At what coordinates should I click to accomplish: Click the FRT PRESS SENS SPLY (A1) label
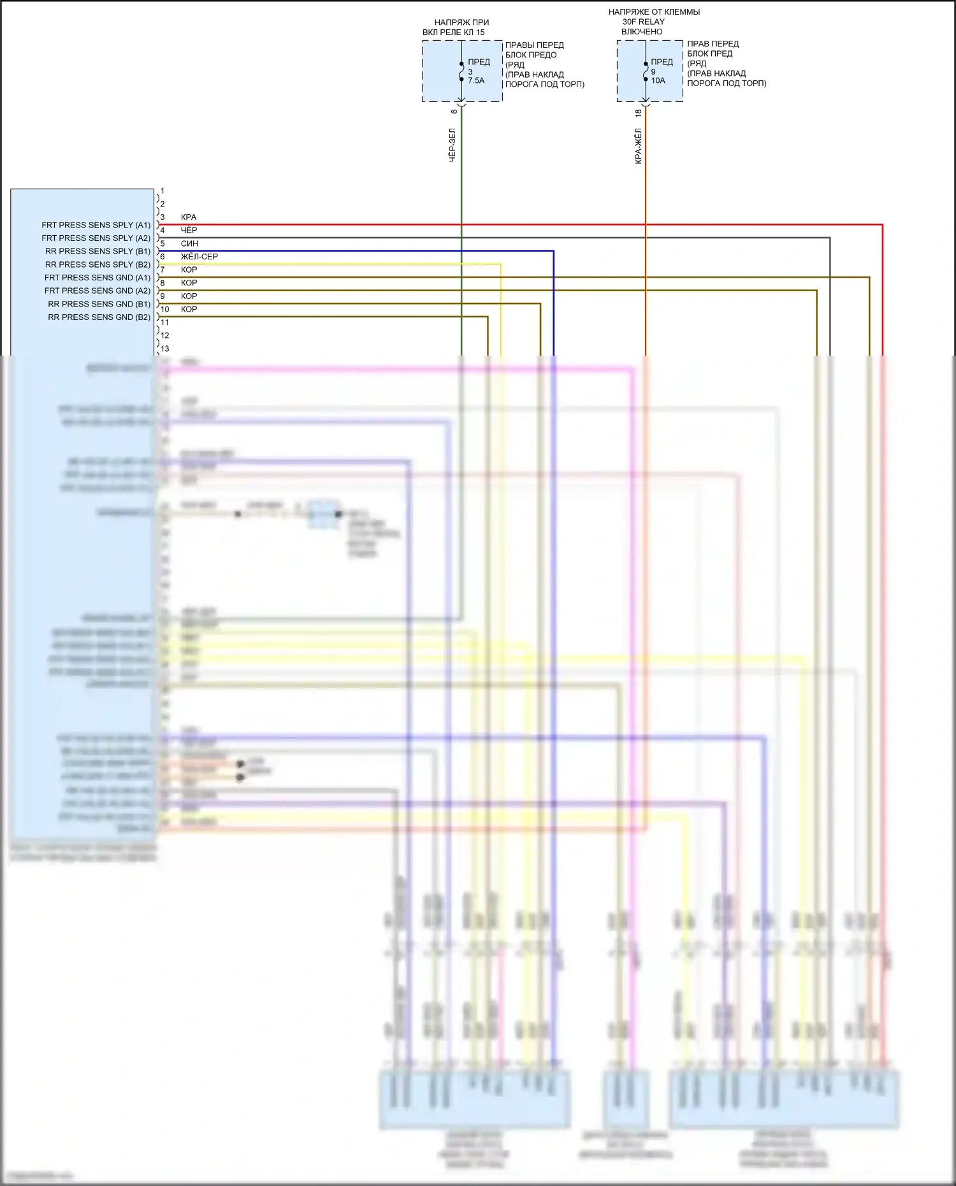click(x=96, y=225)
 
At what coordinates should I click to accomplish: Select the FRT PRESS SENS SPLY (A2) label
click(x=96, y=238)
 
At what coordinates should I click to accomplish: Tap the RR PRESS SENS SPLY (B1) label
click(x=98, y=251)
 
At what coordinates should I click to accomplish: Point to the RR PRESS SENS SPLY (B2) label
click(x=98, y=264)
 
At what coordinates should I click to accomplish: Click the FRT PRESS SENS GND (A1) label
click(x=98, y=278)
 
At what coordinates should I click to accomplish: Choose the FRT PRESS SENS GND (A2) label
click(x=98, y=291)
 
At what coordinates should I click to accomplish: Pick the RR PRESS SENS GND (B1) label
click(x=99, y=304)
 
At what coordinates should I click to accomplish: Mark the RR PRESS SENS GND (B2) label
click(x=99, y=317)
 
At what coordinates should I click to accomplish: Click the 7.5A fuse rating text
click(x=476, y=81)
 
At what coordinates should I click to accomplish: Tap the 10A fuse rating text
click(x=658, y=81)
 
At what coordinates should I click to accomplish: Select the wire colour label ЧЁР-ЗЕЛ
click(x=453, y=145)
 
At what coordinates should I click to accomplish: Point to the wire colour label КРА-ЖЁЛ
click(x=638, y=146)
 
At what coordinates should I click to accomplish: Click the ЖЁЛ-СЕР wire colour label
click(x=199, y=257)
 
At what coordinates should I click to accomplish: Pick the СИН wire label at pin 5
click(x=189, y=243)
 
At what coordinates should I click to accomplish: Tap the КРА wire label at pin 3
click(x=189, y=217)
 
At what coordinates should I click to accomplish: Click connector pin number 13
click(x=165, y=349)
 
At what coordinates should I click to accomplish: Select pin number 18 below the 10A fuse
click(x=638, y=113)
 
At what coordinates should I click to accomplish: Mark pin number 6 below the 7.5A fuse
click(x=454, y=112)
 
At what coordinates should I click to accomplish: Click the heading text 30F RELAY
click(x=643, y=22)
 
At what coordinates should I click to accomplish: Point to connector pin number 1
click(x=163, y=191)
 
